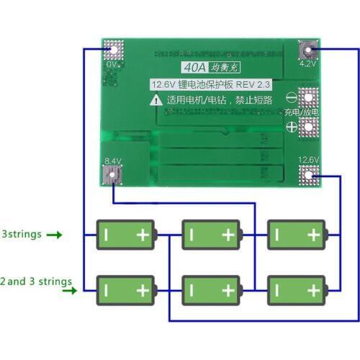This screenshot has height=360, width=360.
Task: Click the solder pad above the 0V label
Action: coord(112,51)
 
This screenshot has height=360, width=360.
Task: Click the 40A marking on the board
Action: coord(193,69)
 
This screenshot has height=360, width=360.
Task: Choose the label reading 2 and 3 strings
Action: coord(36,280)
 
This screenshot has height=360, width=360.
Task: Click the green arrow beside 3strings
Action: coord(55,235)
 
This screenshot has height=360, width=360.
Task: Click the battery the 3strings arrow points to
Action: coord(125,234)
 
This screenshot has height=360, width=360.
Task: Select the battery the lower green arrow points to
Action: coord(125,289)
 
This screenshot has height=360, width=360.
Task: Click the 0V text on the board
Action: coord(111,64)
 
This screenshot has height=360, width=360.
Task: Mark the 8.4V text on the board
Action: coord(113,161)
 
